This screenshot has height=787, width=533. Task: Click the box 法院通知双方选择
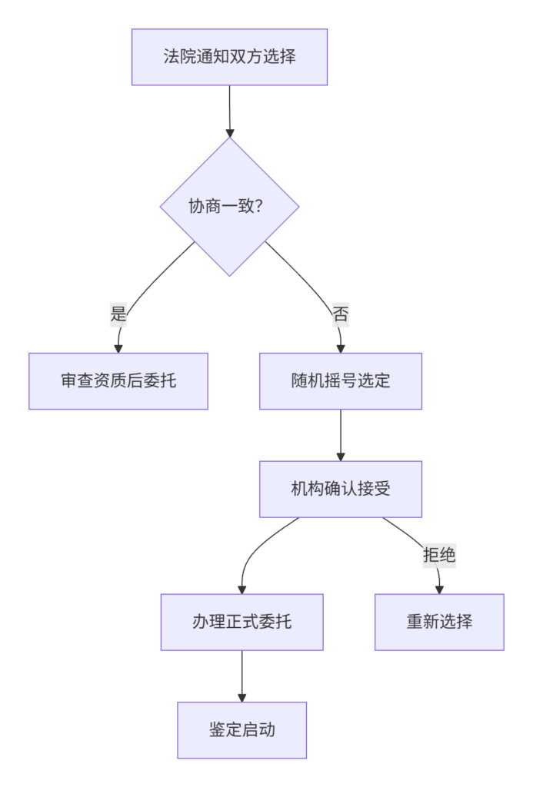click(229, 57)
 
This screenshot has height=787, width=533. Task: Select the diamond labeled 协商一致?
click(229, 206)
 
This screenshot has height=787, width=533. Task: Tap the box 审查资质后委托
click(118, 381)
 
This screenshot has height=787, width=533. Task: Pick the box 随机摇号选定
click(341, 381)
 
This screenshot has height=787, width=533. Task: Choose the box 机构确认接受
click(341, 489)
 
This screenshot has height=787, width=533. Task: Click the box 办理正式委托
click(242, 622)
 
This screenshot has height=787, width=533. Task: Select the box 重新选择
click(440, 622)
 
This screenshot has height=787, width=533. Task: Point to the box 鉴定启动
click(242, 730)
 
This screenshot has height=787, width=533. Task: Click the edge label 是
click(118, 314)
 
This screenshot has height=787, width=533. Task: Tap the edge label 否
click(341, 314)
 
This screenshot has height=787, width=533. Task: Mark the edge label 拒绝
click(440, 555)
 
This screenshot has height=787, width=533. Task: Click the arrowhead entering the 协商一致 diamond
click(229, 133)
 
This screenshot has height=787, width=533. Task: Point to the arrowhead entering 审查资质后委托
click(118, 349)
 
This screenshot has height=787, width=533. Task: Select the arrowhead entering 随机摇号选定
click(341, 349)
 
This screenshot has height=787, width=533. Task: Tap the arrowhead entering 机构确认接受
click(341, 457)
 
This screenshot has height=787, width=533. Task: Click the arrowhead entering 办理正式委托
click(242, 589)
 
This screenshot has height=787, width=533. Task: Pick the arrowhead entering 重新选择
click(440, 589)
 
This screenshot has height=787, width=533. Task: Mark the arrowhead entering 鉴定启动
click(242, 698)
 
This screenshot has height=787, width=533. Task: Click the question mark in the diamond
click(259, 206)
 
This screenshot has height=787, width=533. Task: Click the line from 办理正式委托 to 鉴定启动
click(242, 676)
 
